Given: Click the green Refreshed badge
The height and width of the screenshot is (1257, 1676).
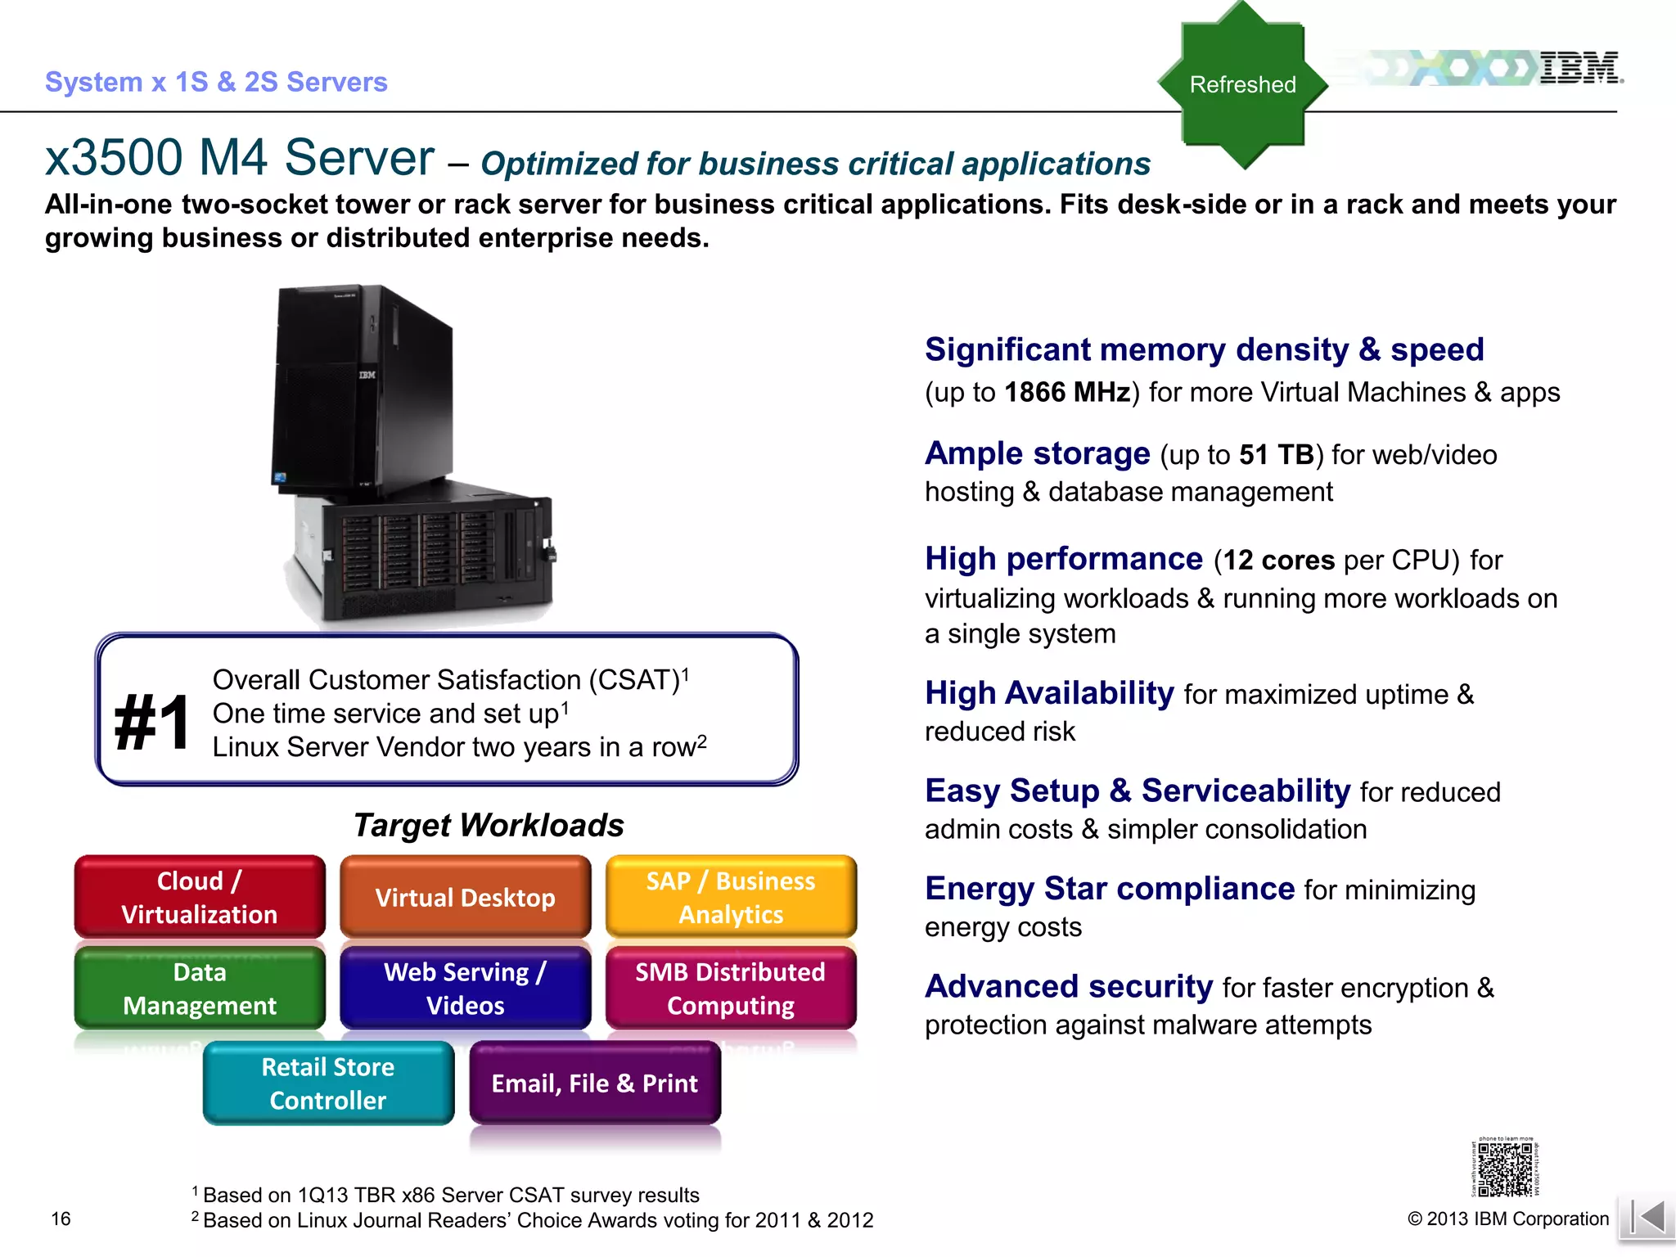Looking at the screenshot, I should coord(1242,85).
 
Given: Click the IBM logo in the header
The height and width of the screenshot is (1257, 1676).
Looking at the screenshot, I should coord(1579,68).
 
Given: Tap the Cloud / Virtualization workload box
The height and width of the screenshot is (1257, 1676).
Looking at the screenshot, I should coord(200,897).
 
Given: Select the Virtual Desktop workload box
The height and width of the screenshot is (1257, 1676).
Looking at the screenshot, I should coord(465,897).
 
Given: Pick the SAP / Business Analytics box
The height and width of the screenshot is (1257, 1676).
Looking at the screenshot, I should coord(731,897).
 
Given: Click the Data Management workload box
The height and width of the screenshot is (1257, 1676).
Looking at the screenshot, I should coord(200,988).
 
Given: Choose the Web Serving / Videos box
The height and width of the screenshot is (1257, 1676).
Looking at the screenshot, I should coord(465,988).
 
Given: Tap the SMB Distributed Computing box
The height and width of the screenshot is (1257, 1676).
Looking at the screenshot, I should coord(731,988).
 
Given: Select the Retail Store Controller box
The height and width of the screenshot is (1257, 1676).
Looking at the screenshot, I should coord(328,1083).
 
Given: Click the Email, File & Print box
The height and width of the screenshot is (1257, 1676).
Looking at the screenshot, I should coord(595,1083).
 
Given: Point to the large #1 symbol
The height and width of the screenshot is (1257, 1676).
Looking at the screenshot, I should coord(152,723).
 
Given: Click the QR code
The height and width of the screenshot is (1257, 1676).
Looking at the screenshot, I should coord(1505,1169).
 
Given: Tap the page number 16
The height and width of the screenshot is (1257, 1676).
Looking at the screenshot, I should coord(61,1219).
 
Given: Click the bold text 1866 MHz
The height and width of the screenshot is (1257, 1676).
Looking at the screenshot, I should coord(1067,393).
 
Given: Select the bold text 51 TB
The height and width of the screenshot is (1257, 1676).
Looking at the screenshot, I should coord(1276,455).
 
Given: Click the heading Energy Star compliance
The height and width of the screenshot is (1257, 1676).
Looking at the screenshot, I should coord(1110,889).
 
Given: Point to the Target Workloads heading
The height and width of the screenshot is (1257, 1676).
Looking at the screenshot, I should coord(489,825).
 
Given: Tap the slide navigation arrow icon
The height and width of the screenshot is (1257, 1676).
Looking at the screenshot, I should coord(1647,1217).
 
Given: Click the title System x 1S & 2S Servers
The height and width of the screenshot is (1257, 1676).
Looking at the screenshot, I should coord(216,82).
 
